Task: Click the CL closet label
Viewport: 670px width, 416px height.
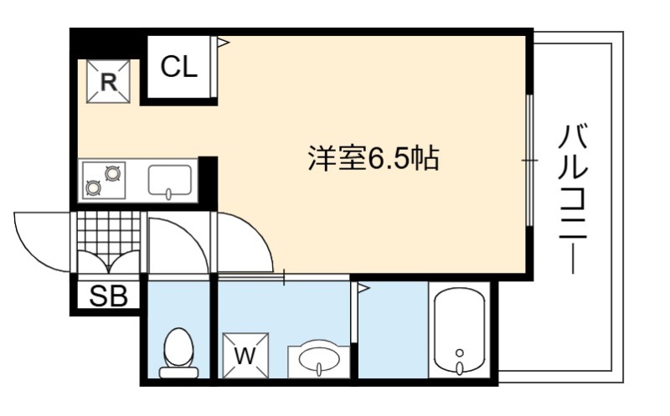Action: [179, 67]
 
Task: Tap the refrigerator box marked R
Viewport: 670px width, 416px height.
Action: [109, 81]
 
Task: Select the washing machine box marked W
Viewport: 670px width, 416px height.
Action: [245, 356]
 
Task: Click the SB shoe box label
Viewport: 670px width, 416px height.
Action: [109, 295]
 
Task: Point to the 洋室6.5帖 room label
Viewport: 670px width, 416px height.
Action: [374, 158]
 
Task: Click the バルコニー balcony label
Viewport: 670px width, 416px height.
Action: [573, 198]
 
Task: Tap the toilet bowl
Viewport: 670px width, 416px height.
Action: [179, 353]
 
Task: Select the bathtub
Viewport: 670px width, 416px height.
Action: [459, 331]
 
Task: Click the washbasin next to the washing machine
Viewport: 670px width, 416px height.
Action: [319, 359]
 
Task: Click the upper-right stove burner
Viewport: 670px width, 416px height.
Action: [113, 173]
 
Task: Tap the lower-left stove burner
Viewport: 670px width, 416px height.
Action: [93, 187]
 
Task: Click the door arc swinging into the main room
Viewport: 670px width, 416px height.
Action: [256, 232]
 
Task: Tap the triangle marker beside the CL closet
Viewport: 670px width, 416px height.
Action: [224, 43]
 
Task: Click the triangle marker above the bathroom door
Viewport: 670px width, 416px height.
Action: [363, 288]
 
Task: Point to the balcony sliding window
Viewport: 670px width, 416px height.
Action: [530, 160]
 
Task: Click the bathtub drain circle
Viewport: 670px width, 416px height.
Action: [460, 353]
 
